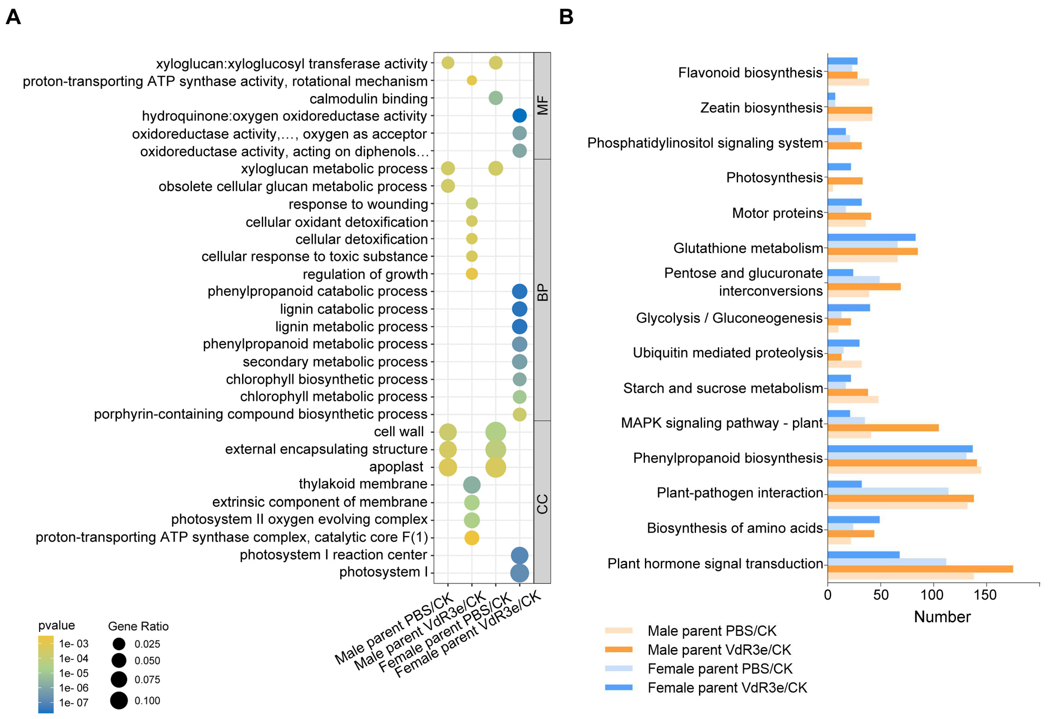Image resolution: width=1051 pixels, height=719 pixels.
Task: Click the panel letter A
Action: [13, 17]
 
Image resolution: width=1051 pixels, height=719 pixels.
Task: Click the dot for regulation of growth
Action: [471, 274]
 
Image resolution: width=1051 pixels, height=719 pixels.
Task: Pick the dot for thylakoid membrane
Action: [471, 485]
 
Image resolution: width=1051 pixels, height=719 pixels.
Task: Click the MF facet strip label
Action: [542, 105]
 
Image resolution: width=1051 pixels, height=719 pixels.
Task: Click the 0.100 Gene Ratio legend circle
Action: [119, 700]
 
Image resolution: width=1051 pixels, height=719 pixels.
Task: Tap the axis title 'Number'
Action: [942, 616]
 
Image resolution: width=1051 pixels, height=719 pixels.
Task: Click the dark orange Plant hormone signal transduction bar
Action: [920, 569]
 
